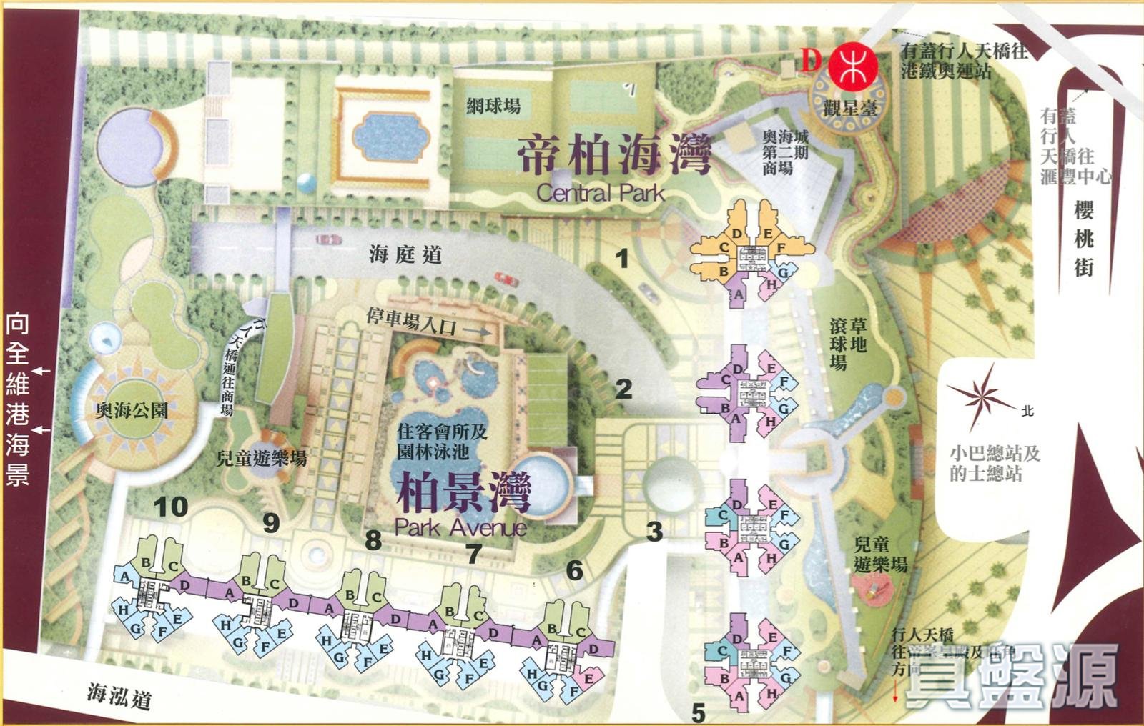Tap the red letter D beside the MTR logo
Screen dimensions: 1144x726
point(810,60)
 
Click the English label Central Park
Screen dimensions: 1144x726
point(600,192)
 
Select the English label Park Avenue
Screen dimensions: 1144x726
point(460,527)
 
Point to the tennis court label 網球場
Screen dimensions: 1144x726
point(493,107)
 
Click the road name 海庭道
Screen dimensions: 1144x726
point(405,254)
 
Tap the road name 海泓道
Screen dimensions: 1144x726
point(119,694)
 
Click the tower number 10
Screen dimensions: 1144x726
point(171,507)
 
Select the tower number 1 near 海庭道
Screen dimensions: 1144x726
point(623,258)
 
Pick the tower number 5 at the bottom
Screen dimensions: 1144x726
point(698,712)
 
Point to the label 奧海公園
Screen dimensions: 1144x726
point(132,410)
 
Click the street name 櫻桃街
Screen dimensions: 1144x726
point(1084,238)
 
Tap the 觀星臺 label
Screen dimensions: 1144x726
point(850,109)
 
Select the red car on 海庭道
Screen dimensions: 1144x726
point(506,279)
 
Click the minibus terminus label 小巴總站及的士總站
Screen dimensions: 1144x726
point(995,463)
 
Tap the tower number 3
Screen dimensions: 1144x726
point(654,531)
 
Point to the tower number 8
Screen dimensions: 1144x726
point(373,540)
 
